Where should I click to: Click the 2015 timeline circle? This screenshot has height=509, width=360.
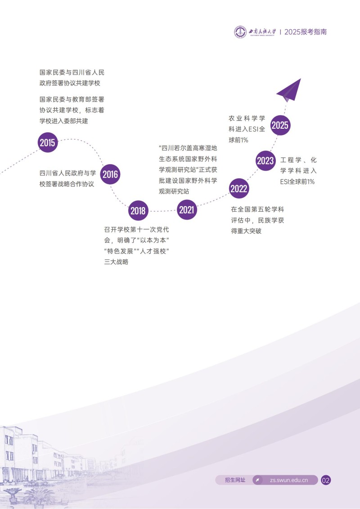[47, 143]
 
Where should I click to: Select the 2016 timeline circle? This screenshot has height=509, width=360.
[110, 175]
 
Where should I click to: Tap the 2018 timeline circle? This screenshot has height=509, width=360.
[138, 211]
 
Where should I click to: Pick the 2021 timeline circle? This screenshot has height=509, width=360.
[187, 210]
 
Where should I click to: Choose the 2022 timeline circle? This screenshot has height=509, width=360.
[239, 189]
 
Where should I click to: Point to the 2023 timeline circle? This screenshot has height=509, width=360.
[265, 161]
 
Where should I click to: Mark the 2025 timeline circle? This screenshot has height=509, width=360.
[280, 125]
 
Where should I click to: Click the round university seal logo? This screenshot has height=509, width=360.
[240, 32]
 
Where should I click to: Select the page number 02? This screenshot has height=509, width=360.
[326, 480]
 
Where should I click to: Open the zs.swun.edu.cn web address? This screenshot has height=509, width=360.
[288, 480]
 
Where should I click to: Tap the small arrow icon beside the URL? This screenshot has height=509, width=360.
[258, 480]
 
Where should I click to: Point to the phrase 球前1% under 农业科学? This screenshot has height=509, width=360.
[238, 140]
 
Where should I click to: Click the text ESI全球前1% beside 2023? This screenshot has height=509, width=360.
[297, 182]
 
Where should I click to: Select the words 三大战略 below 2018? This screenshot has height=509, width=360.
[116, 262]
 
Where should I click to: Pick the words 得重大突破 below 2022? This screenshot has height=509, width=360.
[246, 231]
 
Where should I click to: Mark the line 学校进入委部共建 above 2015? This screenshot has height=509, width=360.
[64, 121]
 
